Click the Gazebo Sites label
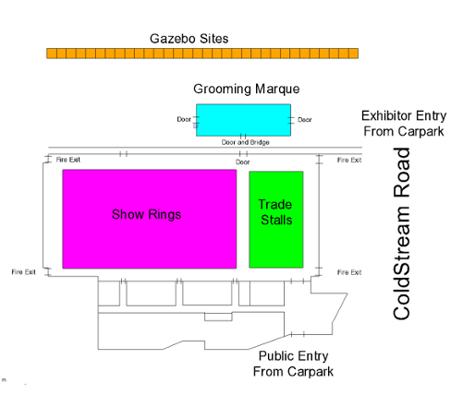(x=189, y=39)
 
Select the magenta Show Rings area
(x=150, y=219)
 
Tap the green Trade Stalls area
(x=276, y=220)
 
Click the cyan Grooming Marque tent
(x=243, y=120)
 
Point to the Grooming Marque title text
(x=247, y=90)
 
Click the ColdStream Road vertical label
(x=402, y=233)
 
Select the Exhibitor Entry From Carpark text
(x=404, y=124)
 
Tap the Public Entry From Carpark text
(x=293, y=364)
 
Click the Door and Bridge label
(x=246, y=142)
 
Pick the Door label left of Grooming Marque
(x=184, y=119)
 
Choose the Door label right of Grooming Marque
(x=305, y=120)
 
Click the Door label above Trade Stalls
(x=243, y=162)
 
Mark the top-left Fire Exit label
(x=68, y=160)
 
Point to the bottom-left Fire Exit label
(x=24, y=272)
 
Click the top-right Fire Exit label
(x=349, y=160)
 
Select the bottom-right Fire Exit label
(x=349, y=272)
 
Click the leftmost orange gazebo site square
(x=52, y=54)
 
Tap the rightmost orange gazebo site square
(x=353, y=54)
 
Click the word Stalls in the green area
(x=276, y=221)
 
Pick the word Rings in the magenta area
(x=164, y=215)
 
